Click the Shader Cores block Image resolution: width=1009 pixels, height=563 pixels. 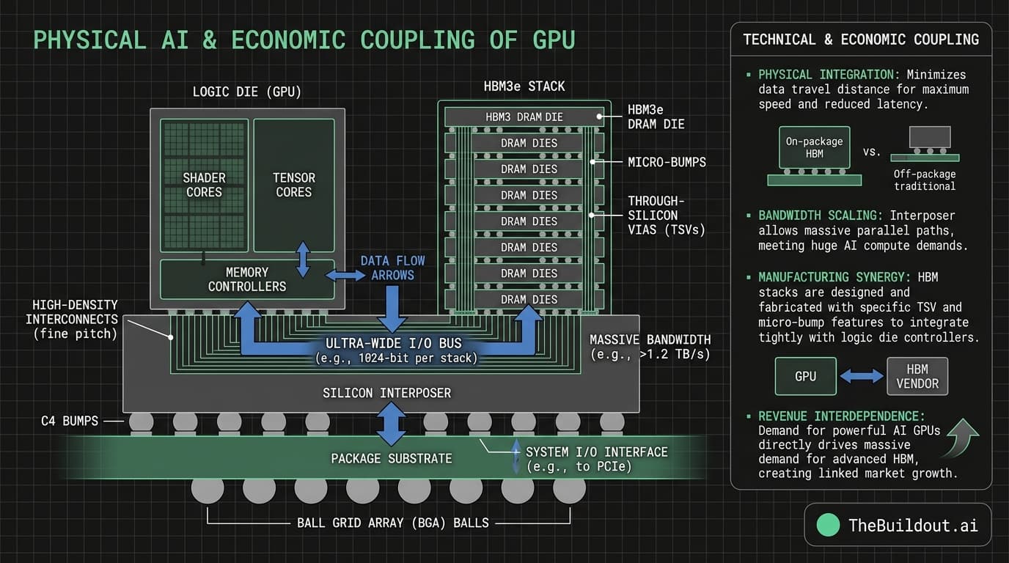tap(205, 185)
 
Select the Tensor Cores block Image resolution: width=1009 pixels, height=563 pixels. tap(293, 185)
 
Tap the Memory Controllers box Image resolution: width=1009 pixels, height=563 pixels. tap(247, 279)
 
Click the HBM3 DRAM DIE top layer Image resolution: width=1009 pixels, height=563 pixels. tap(524, 117)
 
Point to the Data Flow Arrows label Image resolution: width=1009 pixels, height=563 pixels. tap(392, 268)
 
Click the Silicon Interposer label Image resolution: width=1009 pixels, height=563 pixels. tap(386, 393)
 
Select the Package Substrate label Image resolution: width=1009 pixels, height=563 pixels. tap(391, 458)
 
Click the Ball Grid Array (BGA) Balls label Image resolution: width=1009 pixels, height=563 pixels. tap(392, 523)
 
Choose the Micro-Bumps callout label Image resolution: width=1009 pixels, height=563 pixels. tap(667, 161)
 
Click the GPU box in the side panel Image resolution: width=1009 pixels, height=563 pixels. tap(805, 376)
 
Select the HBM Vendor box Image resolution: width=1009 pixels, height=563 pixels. tap(917, 376)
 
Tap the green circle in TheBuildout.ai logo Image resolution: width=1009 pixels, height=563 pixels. tap(827, 524)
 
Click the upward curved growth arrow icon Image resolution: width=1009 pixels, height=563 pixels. tap(963, 438)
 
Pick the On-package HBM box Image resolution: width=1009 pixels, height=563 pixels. tap(814, 147)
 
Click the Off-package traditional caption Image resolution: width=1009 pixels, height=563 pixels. tap(924, 180)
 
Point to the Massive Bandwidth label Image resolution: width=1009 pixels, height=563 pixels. tap(650, 347)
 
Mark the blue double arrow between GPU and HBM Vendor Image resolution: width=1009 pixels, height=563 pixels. tap(861, 376)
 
